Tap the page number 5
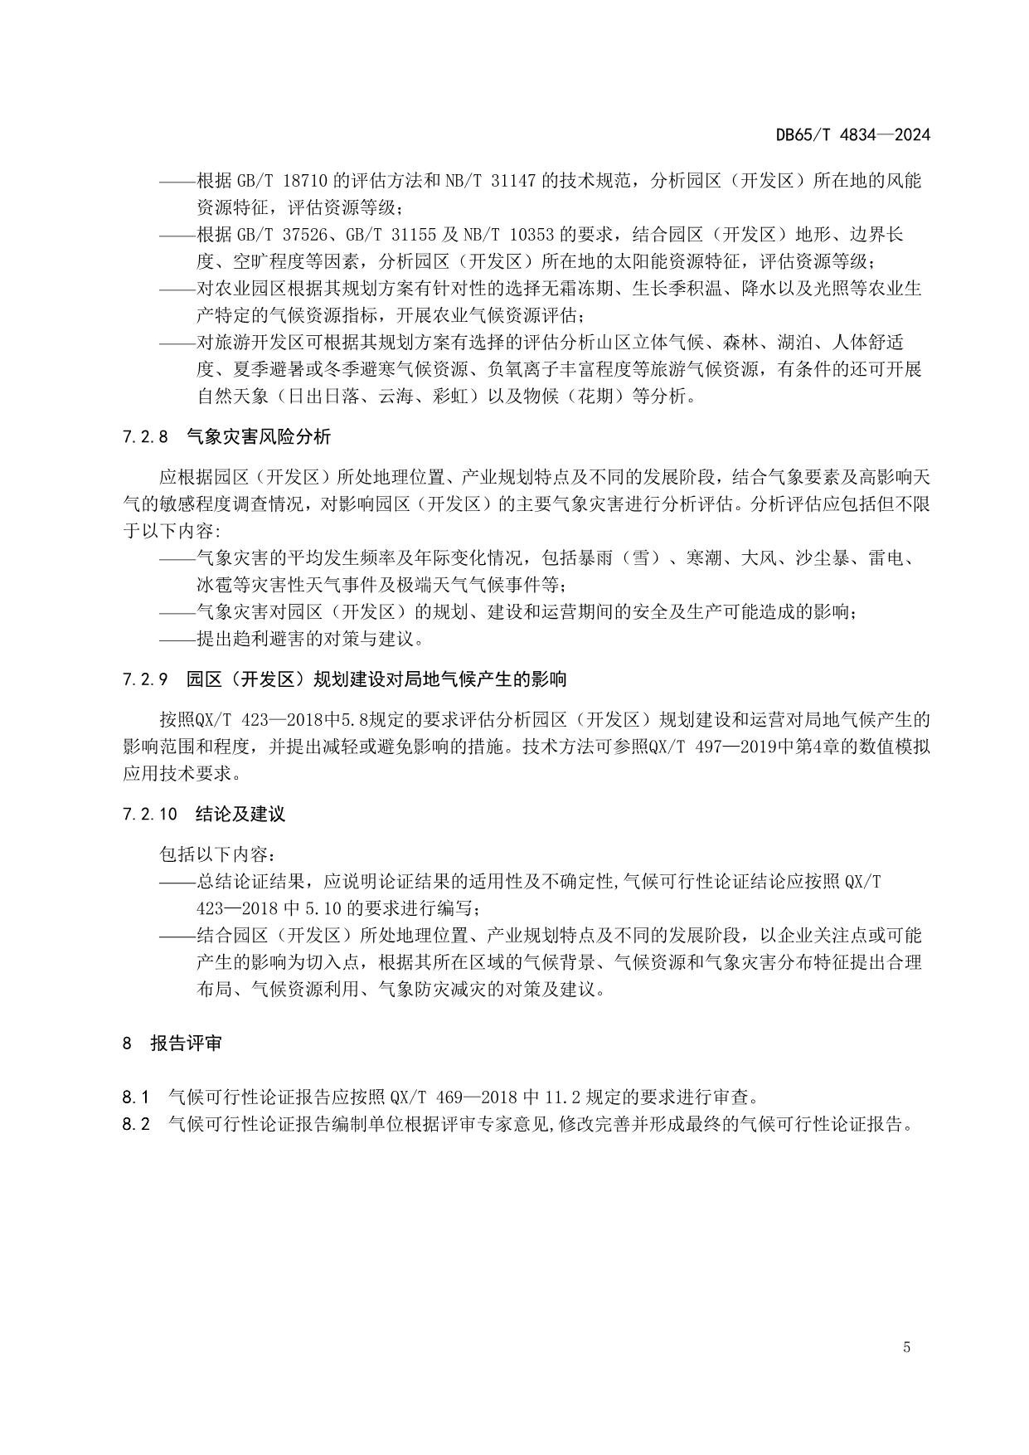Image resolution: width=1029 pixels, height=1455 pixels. pyautogui.click(x=906, y=1347)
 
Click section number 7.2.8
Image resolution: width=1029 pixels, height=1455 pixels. pyautogui.click(x=145, y=436)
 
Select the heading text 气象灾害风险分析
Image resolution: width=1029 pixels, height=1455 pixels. pyautogui.click(x=259, y=436)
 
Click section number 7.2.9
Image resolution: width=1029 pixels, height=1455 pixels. pyautogui.click(x=145, y=679)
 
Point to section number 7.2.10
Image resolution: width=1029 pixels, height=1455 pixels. pyautogui.click(x=149, y=814)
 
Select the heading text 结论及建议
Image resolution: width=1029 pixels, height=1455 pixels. pyautogui.click(x=240, y=814)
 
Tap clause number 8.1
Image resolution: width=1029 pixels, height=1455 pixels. pyautogui.click(x=135, y=1097)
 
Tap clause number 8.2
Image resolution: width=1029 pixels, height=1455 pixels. pyautogui.click(x=136, y=1125)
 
